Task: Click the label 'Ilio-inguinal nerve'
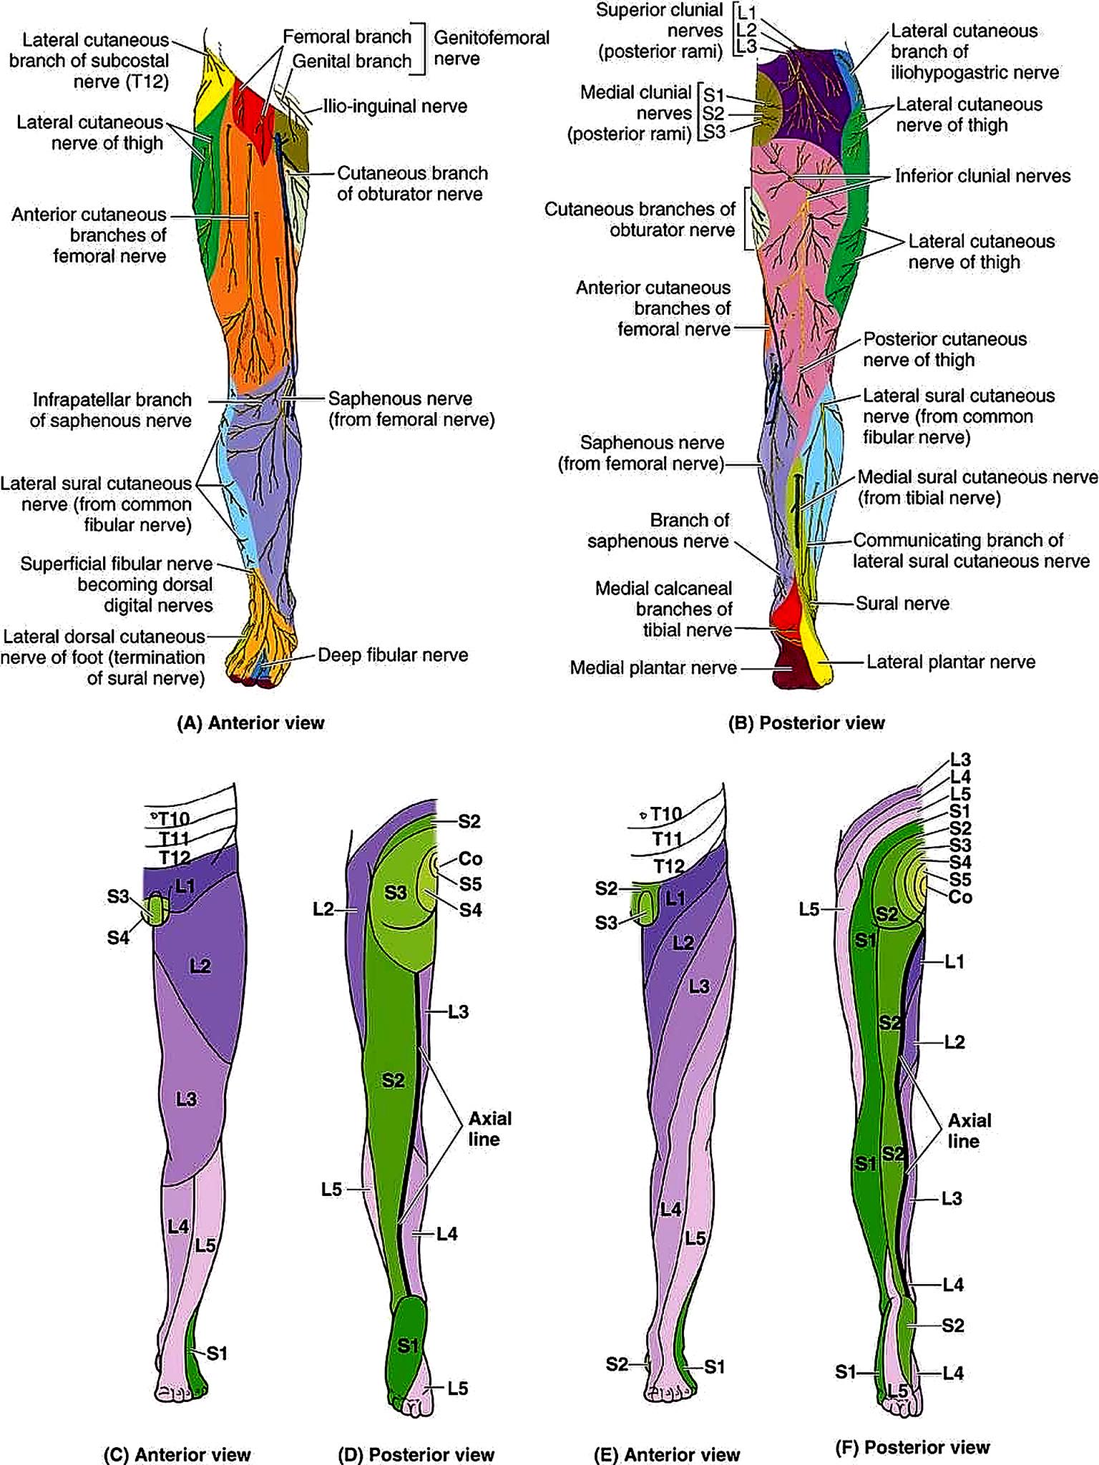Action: coord(395,107)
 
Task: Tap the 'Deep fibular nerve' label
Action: coord(393,655)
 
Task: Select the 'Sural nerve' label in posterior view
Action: coord(903,604)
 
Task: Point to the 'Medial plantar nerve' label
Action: coord(653,668)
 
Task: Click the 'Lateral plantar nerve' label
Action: coord(951,662)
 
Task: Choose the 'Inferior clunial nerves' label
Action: coord(983,176)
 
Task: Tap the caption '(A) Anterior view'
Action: coord(250,723)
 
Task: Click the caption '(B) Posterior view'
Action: coord(806,723)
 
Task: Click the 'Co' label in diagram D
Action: coord(470,858)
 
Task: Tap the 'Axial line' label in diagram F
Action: coord(969,1130)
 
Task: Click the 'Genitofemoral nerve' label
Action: coord(492,47)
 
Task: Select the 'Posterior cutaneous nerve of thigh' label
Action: coord(944,349)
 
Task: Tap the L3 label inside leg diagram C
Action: coord(186,1099)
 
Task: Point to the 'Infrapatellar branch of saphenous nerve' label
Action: coord(111,410)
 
